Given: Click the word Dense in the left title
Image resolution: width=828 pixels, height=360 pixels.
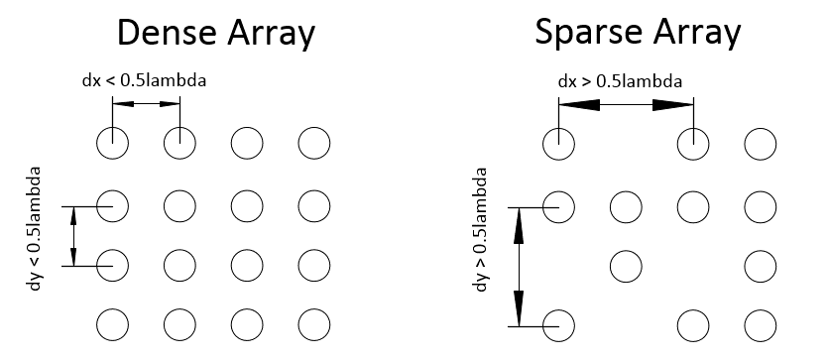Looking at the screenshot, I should click(164, 33).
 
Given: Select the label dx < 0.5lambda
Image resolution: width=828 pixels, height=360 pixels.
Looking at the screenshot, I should click(144, 80).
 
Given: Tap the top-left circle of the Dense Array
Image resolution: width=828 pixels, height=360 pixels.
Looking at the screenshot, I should click(112, 144).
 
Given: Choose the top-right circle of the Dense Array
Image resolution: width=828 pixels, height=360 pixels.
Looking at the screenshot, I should click(313, 144).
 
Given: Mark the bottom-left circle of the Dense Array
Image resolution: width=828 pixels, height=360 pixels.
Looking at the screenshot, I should click(112, 323).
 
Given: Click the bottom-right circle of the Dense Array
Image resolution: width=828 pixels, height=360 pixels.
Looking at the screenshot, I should click(313, 323).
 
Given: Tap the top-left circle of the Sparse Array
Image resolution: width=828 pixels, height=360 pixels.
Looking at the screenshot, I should click(558, 144).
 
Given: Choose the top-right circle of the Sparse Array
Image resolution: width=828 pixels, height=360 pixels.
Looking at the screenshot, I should click(760, 144).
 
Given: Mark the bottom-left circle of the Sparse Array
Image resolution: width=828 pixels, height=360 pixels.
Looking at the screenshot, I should click(558, 323).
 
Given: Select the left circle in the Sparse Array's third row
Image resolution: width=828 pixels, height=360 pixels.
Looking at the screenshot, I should click(626, 265).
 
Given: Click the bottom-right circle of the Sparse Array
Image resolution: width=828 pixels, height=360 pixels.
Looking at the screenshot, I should click(760, 323).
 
